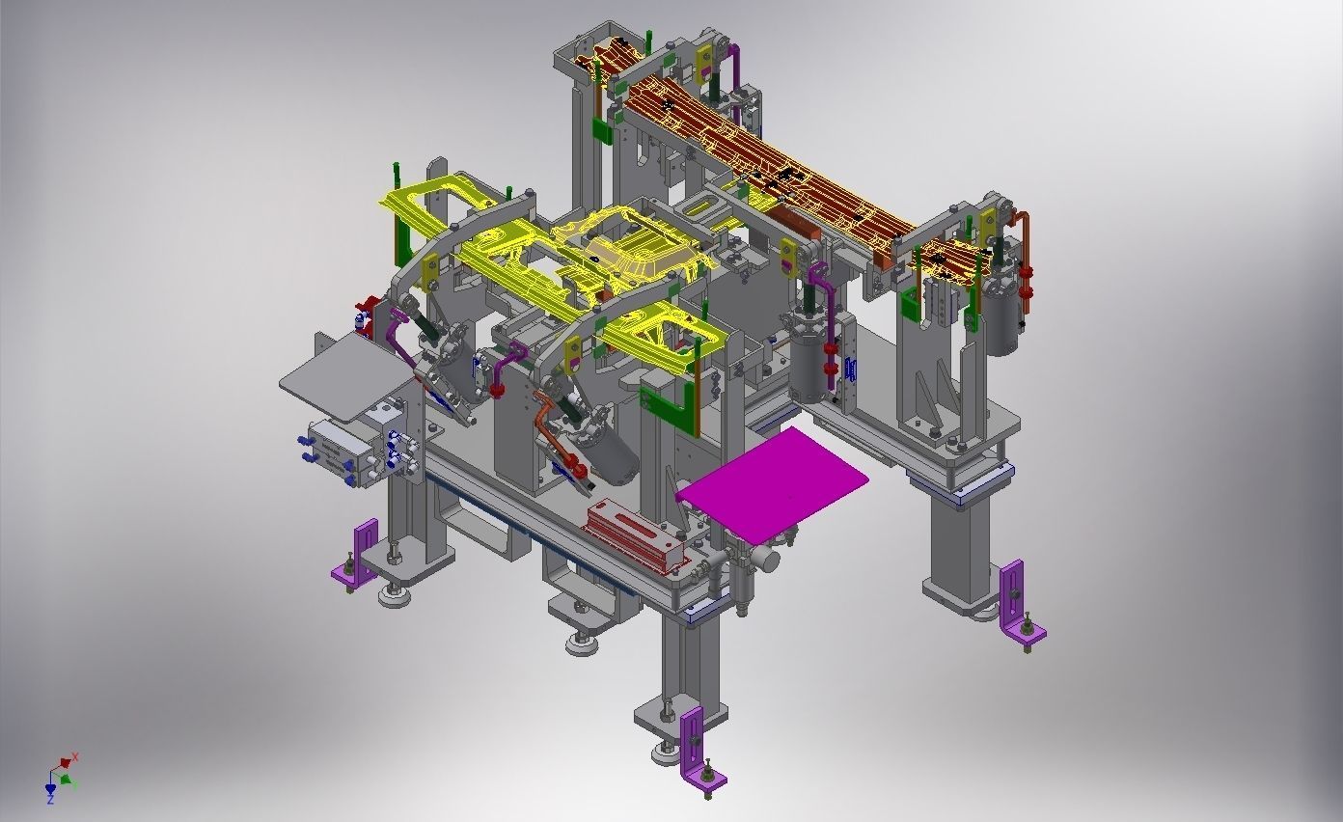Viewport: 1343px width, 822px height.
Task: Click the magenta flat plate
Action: pos(772,479)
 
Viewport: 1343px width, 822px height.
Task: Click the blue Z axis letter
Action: pos(50,800)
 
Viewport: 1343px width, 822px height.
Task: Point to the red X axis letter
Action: pos(75,758)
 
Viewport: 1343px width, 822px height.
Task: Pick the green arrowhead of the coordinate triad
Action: pos(65,779)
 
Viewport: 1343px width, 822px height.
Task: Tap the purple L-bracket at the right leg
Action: pos(1017,602)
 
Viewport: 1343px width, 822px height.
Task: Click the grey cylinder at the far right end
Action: pos(1002,318)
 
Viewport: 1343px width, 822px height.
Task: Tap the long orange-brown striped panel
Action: pos(762,164)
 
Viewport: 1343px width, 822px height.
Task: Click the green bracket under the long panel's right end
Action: pos(911,304)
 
